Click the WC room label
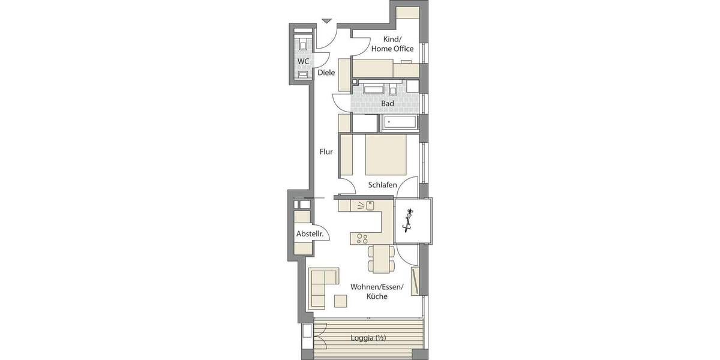pyautogui.click(x=303, y=61)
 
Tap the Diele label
pyautogui.click(x=326, y=73)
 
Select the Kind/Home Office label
pyautogui.click(x=392, y=44)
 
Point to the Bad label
pyautogui.click(x=388, y=104)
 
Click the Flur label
pyautogui.click(x=326, y=152)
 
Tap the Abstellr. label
pyautogui.click(x=310, y=234)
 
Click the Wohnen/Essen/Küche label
pyautogui.click(x=376, y=292)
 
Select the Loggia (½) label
pyautogui.click(x=368, y=338)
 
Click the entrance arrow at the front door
pyautogui.click(x=326, y=22)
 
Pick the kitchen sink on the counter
pyautogui.click(x=370, y=205)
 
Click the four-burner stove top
pyautogui.click(x=362, y=238)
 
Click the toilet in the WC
pyautogui.click(x=303, y=44)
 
